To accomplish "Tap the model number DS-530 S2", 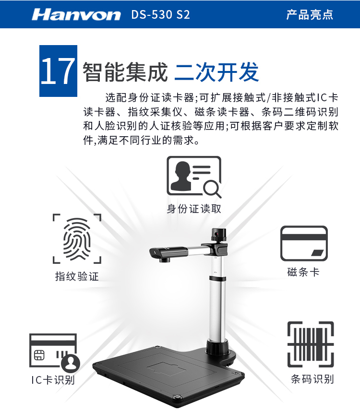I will tap(160, 14).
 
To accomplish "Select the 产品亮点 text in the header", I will tap(310, 14).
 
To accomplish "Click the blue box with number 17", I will tap(58, 71).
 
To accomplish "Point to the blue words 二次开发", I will tap(216, 72).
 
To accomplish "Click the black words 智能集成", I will tap(125, 72).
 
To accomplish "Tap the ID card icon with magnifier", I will tap(193, 176).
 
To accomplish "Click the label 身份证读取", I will tap(194, 209).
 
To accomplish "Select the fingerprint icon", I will tap(77, 238).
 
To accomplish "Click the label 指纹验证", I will tap(77, 276).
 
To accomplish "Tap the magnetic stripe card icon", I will tap(304, 243).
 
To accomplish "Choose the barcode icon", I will tap(310, 344).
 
